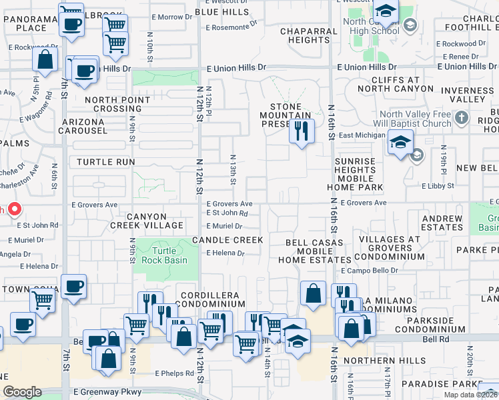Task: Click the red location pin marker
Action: (x=13, y=209)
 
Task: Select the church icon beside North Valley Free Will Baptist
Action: (x=461, y=119)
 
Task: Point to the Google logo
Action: (x=22, y=392)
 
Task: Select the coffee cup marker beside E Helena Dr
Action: (x=73, y=286)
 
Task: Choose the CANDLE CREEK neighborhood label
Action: (x=227, y=239)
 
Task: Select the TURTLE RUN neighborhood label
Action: (x=105, y=162)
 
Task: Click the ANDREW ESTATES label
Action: (x=442, y=223)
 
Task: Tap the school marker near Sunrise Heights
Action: (x=400, y=143)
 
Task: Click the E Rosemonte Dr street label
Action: (x=231, y=28)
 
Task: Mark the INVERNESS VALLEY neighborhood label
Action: (x=468, y=95)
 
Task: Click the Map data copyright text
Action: (x=470, y=395)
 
